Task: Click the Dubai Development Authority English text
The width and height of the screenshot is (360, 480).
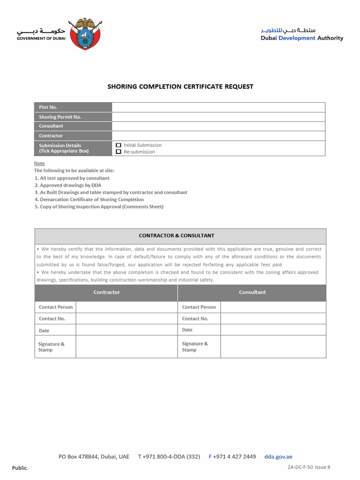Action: (302, 38)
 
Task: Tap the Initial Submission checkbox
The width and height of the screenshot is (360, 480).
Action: (119, 145)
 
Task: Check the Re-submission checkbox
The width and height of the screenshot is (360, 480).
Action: (119, 152)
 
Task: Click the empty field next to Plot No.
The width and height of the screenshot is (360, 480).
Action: (218, 107)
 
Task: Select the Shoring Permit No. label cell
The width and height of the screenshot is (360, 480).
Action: (73, 117)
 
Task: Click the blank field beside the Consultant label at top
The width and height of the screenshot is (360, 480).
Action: (218, 126)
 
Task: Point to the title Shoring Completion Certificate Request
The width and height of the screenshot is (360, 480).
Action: (180, 87)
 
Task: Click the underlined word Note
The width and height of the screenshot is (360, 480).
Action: (39, 163)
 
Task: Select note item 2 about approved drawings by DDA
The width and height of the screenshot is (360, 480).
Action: (67, 185)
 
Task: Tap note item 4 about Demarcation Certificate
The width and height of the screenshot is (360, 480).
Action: (89, 199)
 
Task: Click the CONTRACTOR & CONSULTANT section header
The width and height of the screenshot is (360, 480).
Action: (180, 236)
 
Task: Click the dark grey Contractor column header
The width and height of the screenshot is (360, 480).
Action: (106, 292)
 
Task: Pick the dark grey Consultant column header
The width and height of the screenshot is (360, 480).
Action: (252, 292)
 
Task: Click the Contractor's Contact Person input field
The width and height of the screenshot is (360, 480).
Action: (126, 307)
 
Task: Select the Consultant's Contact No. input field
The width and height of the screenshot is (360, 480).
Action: (273, 318)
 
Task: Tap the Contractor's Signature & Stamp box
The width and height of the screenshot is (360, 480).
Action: (126, 346)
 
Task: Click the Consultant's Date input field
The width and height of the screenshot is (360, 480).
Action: (273, 330)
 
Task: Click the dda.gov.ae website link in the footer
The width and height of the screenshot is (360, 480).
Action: (278, 457)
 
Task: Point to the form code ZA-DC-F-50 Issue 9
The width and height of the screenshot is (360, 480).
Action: (309, 467)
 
